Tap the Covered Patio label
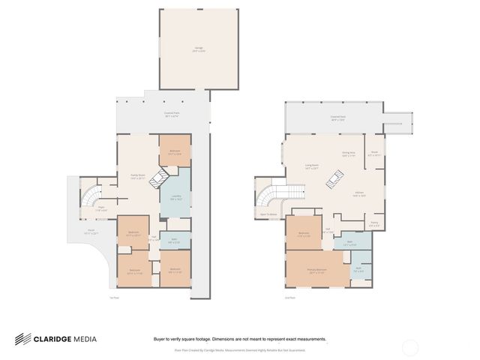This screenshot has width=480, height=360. [172, 115]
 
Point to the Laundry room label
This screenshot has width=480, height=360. [176, 198]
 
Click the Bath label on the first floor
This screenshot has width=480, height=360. [172, 241]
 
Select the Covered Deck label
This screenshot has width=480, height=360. [337, 118]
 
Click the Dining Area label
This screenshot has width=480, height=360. [348, 154]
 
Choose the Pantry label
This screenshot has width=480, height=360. [374, 223]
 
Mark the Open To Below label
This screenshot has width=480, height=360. [268, 214]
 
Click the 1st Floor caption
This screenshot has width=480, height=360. [115, 298]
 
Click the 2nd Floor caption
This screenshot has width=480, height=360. [289, 298]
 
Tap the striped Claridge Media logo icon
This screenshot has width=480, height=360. [22, 339]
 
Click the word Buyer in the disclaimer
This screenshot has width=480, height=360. [160, 339]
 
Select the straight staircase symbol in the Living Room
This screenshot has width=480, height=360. [337, 178]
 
